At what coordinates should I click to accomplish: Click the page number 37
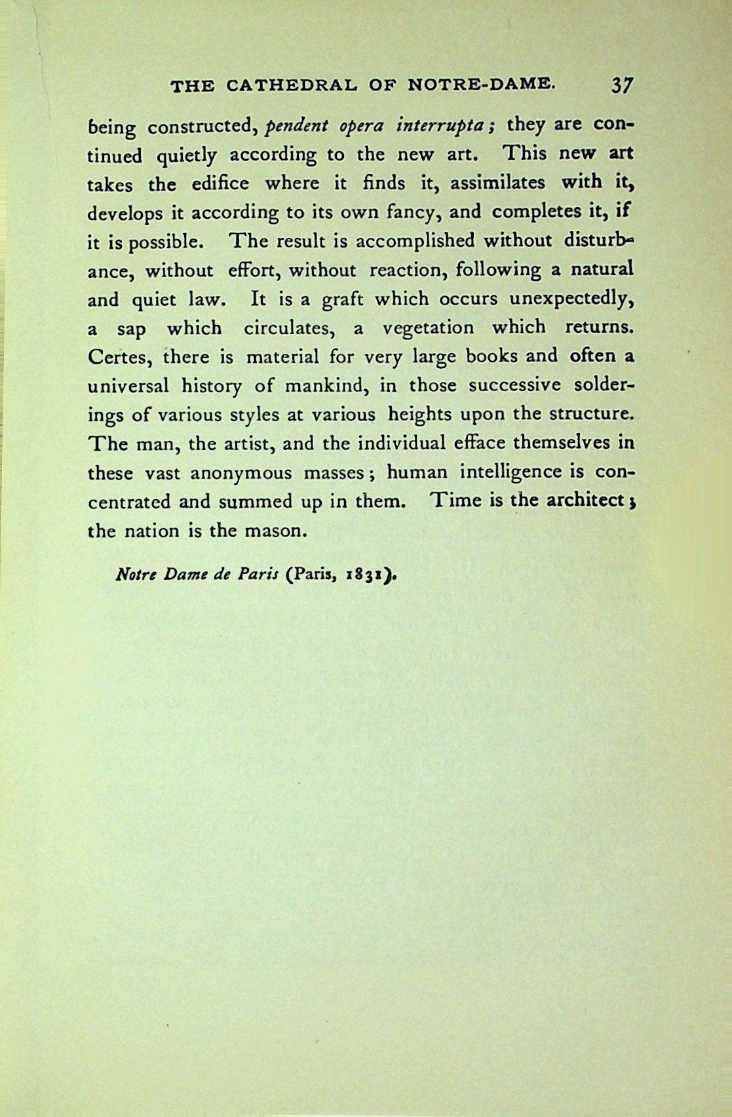coord(621,85)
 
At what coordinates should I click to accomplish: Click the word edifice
coord(220,183)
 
